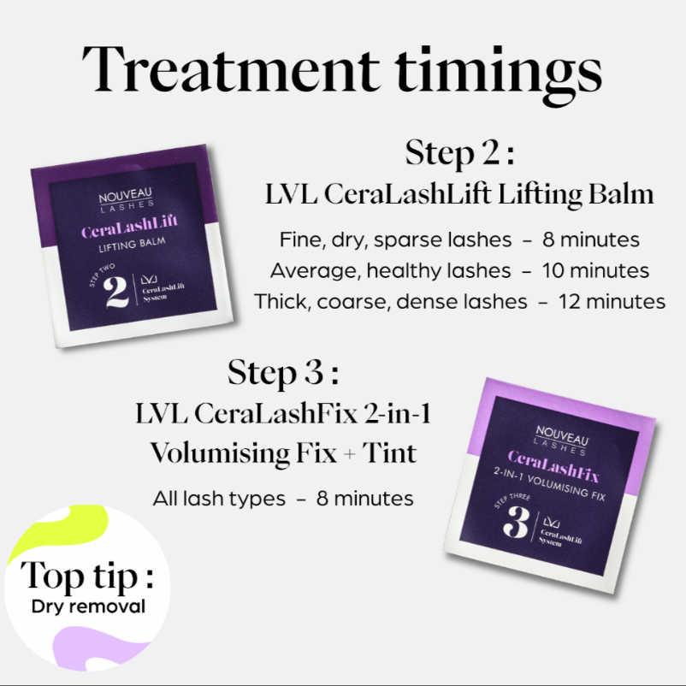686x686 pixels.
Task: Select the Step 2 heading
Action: coord(459,153)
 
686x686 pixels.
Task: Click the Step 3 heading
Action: coord(283,373)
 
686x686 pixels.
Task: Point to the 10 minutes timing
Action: coord(595,271)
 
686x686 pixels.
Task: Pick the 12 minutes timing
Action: coord(612,302)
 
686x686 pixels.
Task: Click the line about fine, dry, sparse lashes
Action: coord(459,240)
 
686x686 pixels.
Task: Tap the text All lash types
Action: coord(219,499)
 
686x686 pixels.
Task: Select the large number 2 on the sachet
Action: coord(116,293)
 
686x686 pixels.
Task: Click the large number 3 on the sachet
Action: coord(517,522)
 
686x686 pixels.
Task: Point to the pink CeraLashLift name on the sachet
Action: coord(129,225)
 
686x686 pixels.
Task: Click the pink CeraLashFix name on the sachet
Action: coord(553,466)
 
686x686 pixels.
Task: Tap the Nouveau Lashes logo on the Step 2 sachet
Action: coord(126,199)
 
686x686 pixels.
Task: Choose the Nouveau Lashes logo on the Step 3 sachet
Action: coord(561,441)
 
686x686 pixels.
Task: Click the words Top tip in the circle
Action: coord(87,577)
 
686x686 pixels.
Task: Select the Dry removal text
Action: coord(88,606)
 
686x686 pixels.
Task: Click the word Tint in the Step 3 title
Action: coord(390,452)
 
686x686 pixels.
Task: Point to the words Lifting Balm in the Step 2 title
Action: coord(576,196)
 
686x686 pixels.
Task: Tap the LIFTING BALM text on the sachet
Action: coord(132,245)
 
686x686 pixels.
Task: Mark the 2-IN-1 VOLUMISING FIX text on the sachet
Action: coord(549,484)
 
